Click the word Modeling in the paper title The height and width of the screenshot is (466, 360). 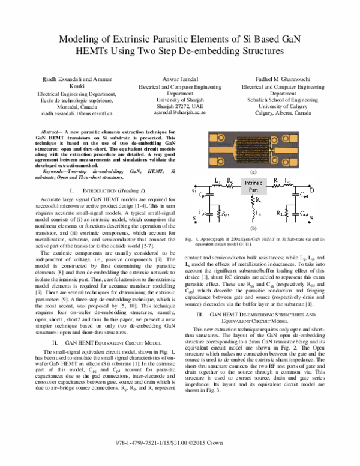[83, 39]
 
